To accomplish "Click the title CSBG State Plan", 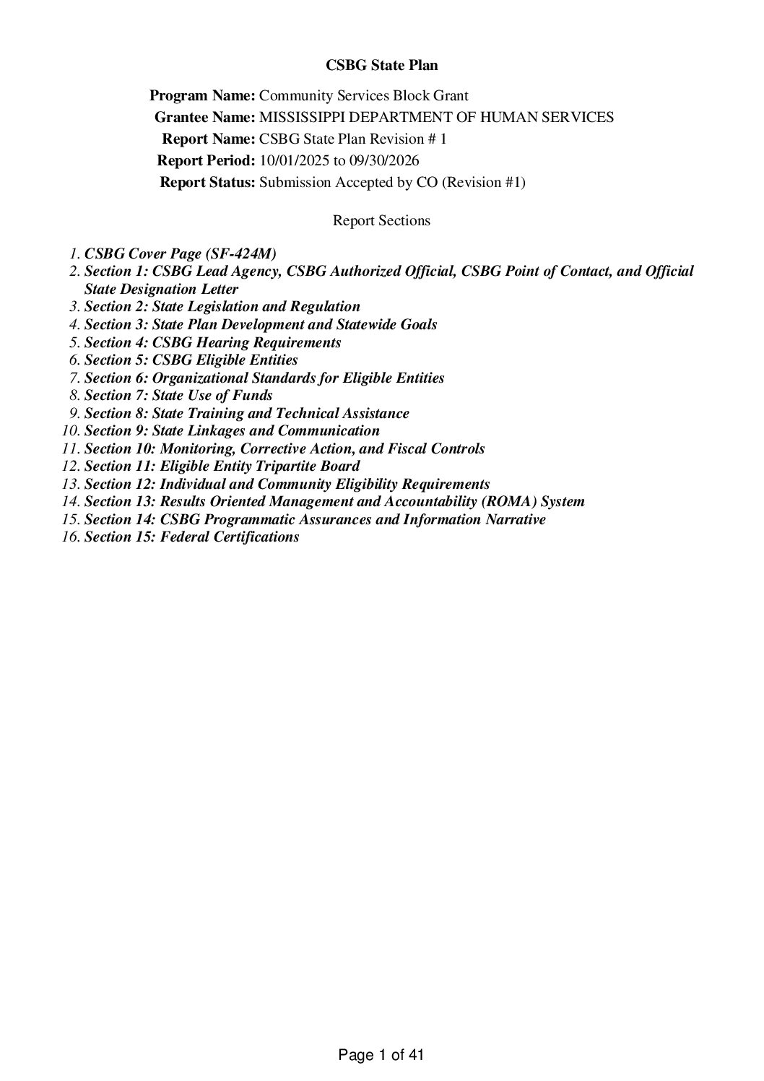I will (x=381, y=65).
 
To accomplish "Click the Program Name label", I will (x=202, y=95).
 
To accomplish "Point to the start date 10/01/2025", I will (x=293, y=160).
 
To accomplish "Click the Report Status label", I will (x=207, y=182).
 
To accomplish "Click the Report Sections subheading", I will (x=381, y=220).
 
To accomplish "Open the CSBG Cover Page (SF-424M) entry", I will (x=181, y=253).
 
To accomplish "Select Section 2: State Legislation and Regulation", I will (x=222, y=306).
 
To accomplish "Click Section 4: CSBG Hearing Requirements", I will (x=213, y=342).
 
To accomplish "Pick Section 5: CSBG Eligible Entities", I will (x=191, y=360).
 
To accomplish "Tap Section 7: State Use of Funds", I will (x=179, y=395).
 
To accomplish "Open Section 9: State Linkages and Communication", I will (x=232, y=430).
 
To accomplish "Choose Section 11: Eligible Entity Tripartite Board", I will (x=222, y=466).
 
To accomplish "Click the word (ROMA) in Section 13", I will (x=507, y=501).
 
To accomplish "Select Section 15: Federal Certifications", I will (x=192, y=537).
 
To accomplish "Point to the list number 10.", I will (x=71, y=430).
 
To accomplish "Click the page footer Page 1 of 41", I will (x=381, y=1055).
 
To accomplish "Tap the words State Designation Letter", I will (x=162, y=289).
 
